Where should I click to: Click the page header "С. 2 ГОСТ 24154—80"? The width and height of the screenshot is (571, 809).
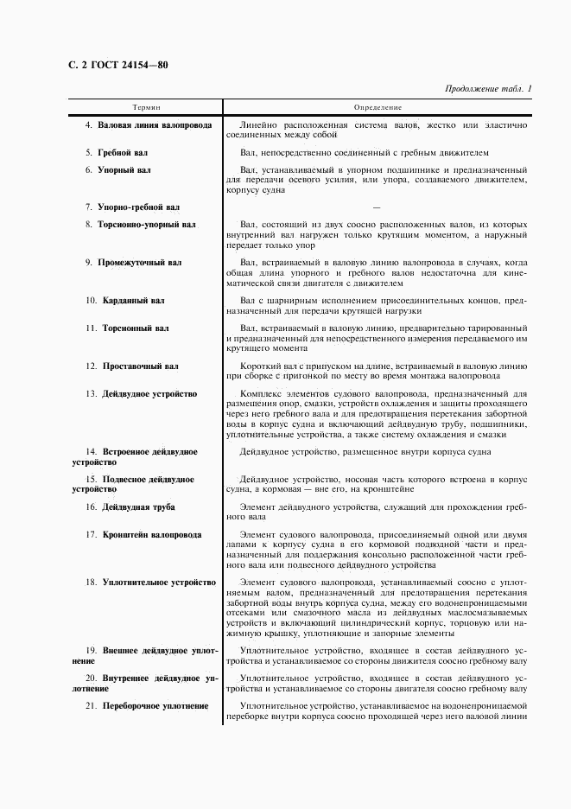pyautogui.click(x=117, y=64)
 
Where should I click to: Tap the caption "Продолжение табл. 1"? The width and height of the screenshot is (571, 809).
pyautogui.click(x=489, y=88)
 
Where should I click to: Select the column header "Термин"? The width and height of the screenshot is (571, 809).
pyautogui.click(x=146, y=107)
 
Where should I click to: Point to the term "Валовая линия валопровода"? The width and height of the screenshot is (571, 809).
pyautogui.click(x=155, y=125)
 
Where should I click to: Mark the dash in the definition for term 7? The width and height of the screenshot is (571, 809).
pyautogui.click(x=376, y=207)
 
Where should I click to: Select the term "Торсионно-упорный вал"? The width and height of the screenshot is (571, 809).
pyautogui.click(x=151, y=225)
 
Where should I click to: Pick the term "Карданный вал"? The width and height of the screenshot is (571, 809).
pyautogui.click(x=133, y=301)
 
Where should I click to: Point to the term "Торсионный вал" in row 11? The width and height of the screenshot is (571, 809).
pyautogui.click(x=136, y=328)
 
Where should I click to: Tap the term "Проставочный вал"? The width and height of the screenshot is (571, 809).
pyautogui.click(x=141, y=366)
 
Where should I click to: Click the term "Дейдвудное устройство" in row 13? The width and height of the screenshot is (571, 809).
pyautogui.click(x=149, y=393)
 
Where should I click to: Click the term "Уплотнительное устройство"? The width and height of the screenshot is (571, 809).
pyautogui.click(x=158, y=583)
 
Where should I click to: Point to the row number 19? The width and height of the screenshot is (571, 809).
pyautogui.click(x=89, y=649)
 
